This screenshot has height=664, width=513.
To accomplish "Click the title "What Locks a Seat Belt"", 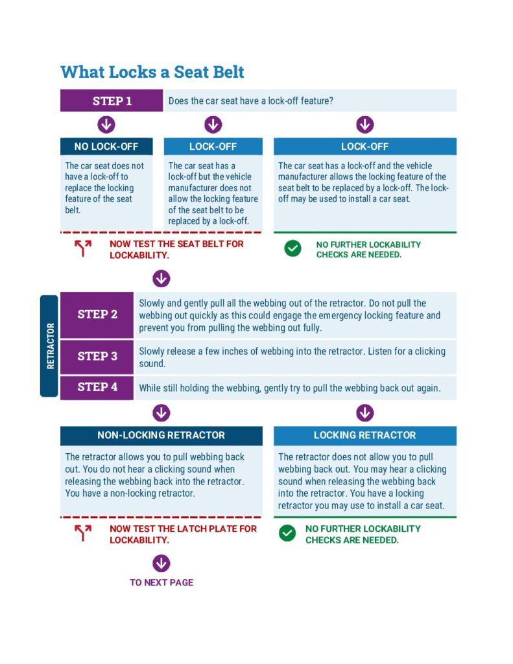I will [152, 71].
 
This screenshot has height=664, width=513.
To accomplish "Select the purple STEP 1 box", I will [112, 101].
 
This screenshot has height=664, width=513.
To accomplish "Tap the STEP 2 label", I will [97, 314].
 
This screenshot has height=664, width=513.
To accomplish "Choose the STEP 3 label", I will [97, 356].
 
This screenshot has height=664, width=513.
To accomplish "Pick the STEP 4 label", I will [97, 386].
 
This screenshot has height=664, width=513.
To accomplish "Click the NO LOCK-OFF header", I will [106, 147].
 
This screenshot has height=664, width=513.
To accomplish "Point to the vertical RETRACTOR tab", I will [50, 346].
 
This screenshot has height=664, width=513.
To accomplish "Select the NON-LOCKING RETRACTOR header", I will [161, 435].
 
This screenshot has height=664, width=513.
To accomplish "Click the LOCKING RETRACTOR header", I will [364, 435].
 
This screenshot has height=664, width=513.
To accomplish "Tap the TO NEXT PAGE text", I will [161, 582].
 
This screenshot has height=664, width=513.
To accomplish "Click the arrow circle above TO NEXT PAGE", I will [161, 563].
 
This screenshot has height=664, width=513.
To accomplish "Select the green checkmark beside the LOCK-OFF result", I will [293, 248].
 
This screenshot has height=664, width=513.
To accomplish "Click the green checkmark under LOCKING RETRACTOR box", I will [287, 533].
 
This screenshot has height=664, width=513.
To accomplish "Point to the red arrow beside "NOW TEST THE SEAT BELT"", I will [83, 248].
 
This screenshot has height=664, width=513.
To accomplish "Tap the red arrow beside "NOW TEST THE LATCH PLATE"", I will [83, 533].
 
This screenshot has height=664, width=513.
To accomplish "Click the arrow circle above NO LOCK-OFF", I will [106, 124].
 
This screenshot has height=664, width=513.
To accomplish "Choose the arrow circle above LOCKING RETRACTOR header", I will [365, 412].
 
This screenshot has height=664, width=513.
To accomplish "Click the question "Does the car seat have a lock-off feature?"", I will [251, 101].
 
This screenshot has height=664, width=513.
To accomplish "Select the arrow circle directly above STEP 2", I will [161, 279].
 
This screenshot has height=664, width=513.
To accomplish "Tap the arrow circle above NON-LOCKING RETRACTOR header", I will [161, 412].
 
